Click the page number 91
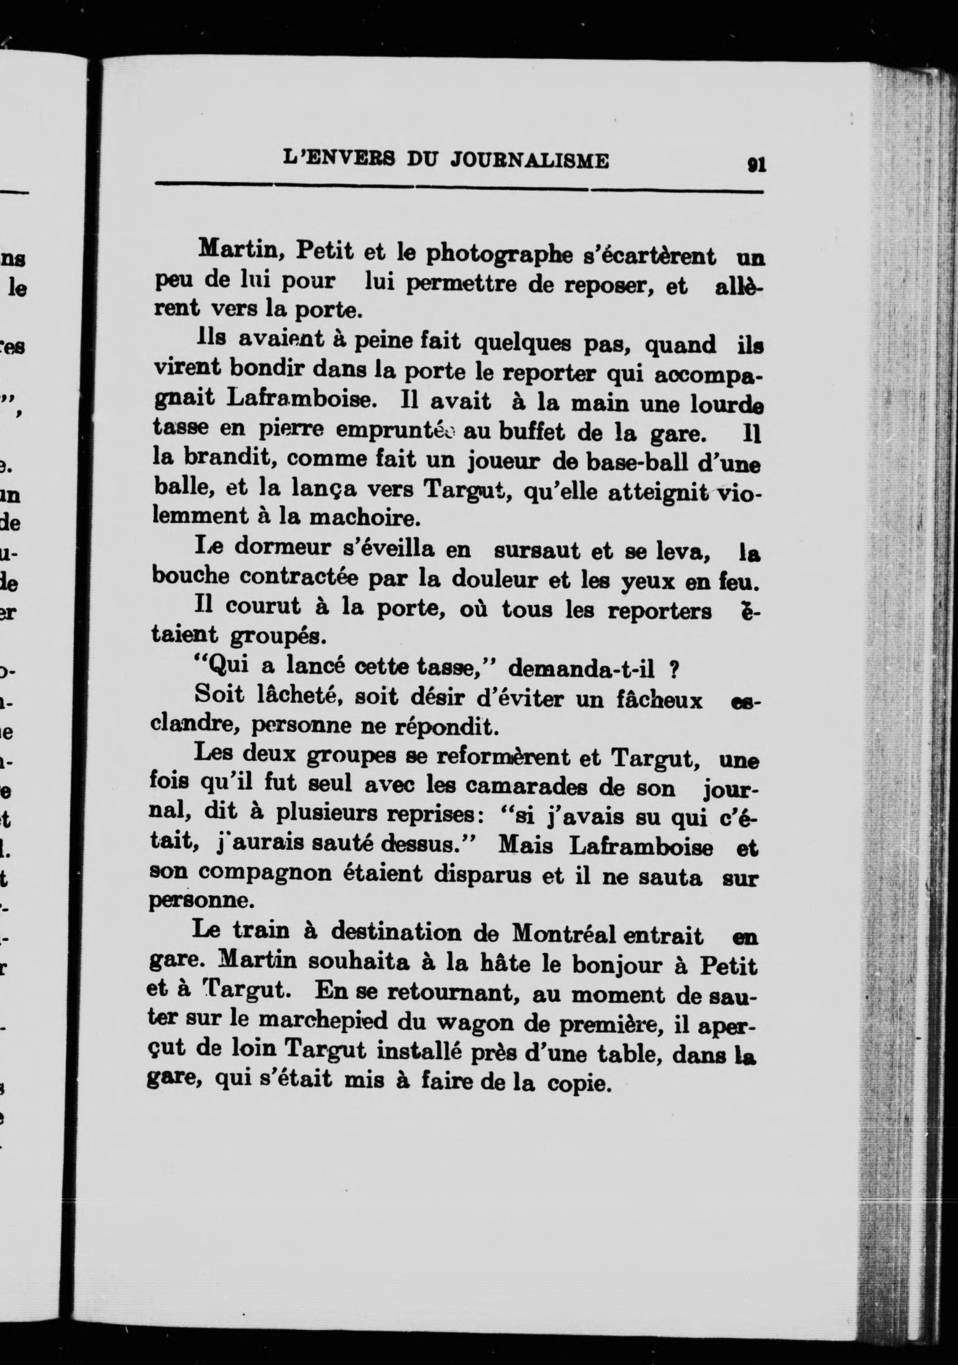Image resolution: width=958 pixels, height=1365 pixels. [x=757, y=164]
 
